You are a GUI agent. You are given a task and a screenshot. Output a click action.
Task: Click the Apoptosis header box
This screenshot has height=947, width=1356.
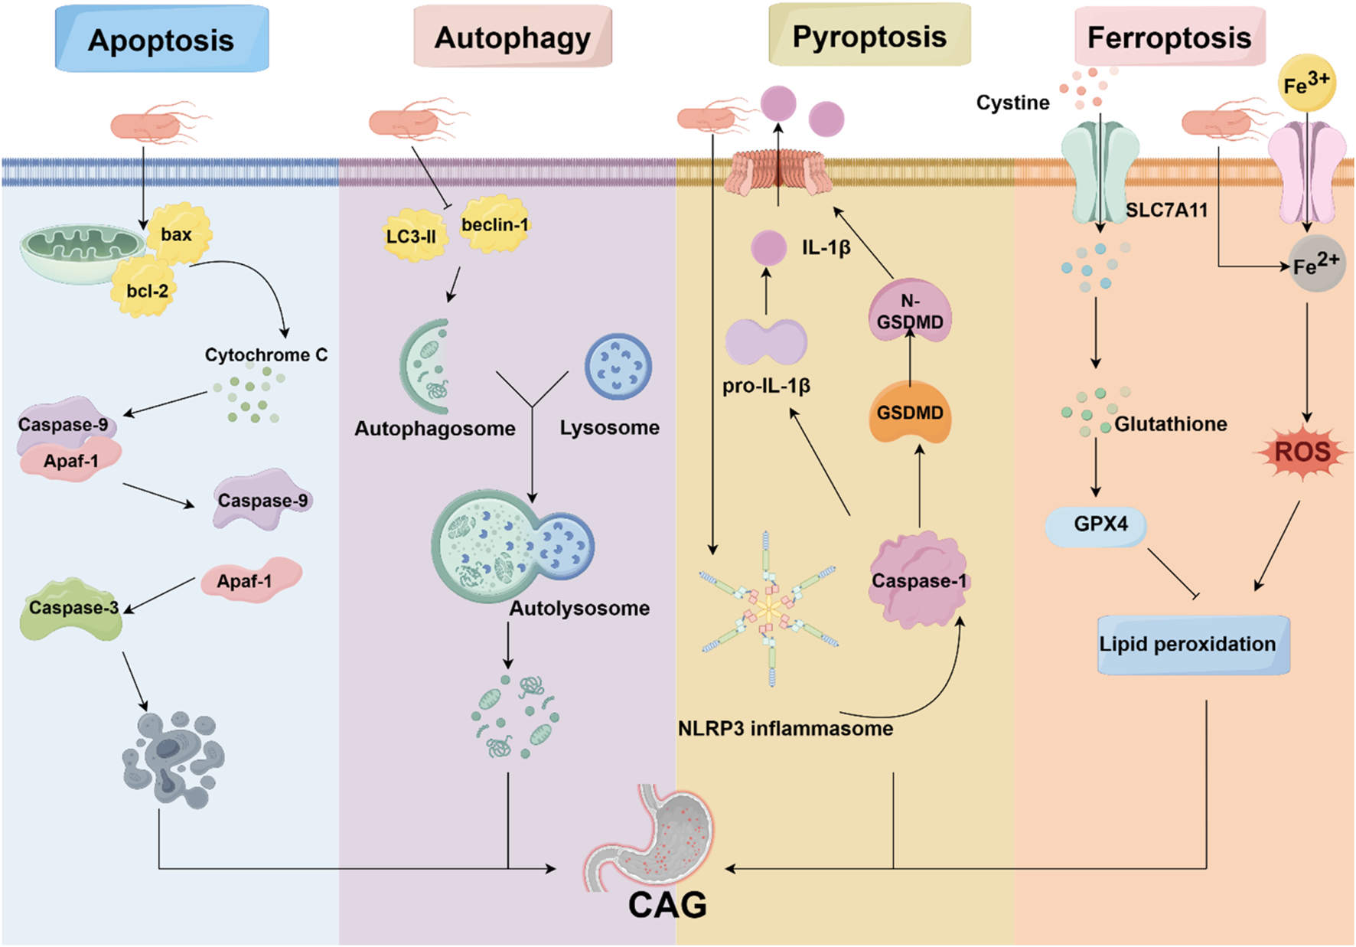[x=161, y=39]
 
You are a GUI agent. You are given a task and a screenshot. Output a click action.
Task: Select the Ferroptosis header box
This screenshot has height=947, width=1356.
[x=1169, y=38]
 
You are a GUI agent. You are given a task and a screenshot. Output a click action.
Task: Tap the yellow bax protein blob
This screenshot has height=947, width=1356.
[x=180, y=232]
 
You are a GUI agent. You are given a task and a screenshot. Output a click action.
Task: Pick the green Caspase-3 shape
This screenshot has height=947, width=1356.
[x=71, y=610]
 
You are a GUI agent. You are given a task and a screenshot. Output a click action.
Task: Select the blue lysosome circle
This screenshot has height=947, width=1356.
[x=618, y=367]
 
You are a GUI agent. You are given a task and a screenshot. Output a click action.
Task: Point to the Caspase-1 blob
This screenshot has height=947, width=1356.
[x=918, y=582]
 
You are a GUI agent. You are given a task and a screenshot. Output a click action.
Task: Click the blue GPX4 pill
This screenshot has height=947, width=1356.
[x=1097, y=525]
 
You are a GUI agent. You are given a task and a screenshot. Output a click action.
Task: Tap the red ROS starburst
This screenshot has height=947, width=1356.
[x=1302, y=452]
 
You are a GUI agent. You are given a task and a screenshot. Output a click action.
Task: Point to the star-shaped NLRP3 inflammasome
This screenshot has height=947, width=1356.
[x=769, y=609]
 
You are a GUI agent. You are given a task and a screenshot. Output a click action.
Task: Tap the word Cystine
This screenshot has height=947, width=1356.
[x=1012, y=103]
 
